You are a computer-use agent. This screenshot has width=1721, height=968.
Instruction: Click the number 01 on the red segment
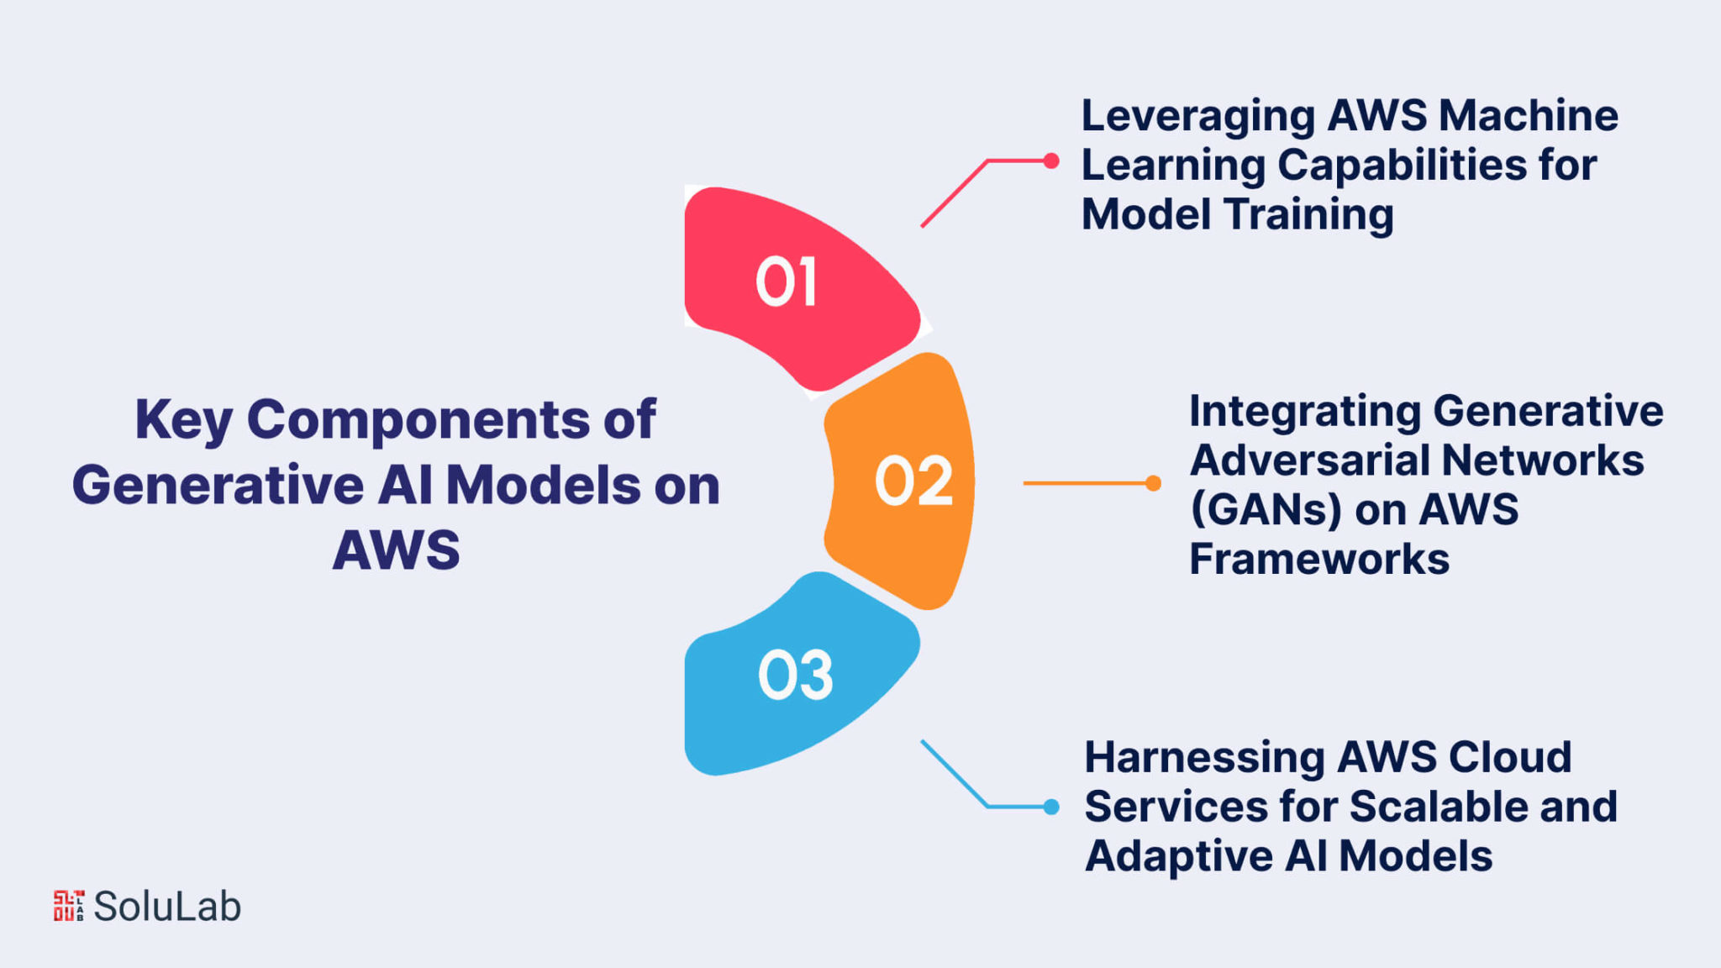coord(786,281)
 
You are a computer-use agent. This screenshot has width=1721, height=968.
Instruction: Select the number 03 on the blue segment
coord(795,675)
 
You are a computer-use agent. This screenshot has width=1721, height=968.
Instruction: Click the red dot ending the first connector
coord(1050,160)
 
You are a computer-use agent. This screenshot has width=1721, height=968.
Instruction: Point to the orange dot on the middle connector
coord(1153,483)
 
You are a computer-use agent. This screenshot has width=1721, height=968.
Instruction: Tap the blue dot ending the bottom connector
coord(1050,807)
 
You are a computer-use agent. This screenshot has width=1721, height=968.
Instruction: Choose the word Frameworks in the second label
coord(1319,559)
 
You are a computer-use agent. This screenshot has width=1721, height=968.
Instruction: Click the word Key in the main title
coord(184,421)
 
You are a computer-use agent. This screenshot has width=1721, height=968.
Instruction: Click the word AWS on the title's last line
coord(397,550)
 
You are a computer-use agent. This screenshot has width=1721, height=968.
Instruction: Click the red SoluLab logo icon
coord(69,906)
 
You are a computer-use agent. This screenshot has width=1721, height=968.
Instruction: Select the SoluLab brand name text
coord(167,906)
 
